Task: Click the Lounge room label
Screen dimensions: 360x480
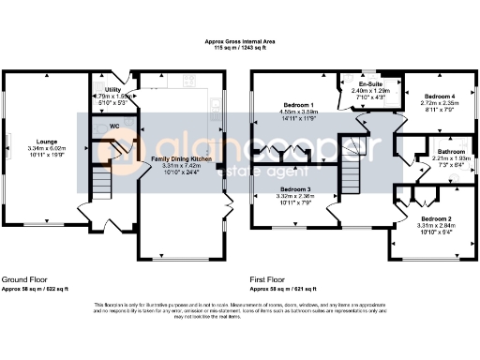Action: tap(41, 142)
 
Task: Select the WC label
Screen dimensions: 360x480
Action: tap(112, 125)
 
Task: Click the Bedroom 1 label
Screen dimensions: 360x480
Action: tap(297, 105)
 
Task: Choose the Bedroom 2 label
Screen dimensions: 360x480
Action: tap(435, 218)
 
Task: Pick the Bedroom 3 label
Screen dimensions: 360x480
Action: tap(295, 190)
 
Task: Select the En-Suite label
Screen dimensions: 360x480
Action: tap(373, 84)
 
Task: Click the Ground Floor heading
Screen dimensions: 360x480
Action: tap(26, 280)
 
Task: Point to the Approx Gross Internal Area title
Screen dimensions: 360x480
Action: tap(240, 41)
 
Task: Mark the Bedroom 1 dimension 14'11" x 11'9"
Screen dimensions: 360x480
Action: tap(297, 118)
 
